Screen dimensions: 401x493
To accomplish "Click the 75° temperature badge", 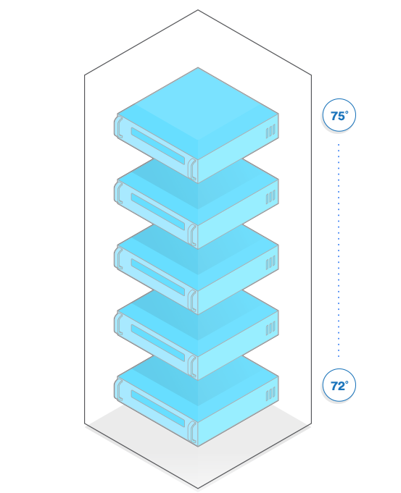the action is point(339,115).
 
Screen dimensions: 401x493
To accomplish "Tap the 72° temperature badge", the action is point(339,385).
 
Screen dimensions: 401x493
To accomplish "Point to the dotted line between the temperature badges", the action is point(339,250).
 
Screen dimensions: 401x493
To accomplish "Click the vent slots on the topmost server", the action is point(270,131).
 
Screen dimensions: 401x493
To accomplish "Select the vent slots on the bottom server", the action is point(270,394).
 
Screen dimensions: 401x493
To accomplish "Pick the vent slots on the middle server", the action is point(270,263).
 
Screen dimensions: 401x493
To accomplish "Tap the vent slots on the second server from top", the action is point(270,197).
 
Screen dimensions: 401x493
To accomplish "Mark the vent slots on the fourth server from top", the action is point(270,328).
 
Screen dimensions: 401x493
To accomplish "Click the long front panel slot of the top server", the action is point(158,146).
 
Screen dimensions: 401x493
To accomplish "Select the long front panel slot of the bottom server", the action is point(158,409).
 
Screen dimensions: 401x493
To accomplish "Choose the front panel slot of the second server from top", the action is point(158,211).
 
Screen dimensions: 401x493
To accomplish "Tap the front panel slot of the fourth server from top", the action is point(158,343).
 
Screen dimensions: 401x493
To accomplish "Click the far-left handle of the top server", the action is point(119,127).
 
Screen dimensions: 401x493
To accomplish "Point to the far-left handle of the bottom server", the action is point(119,389).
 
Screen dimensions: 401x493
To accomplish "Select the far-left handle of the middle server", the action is point(119,258).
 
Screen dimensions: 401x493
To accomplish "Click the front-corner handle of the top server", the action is point(192,169).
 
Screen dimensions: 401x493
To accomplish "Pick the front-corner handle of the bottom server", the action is point(192,432).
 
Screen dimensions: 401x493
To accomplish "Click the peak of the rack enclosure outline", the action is point(198,10).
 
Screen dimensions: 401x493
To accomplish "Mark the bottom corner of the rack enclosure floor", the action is point(198,488).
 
